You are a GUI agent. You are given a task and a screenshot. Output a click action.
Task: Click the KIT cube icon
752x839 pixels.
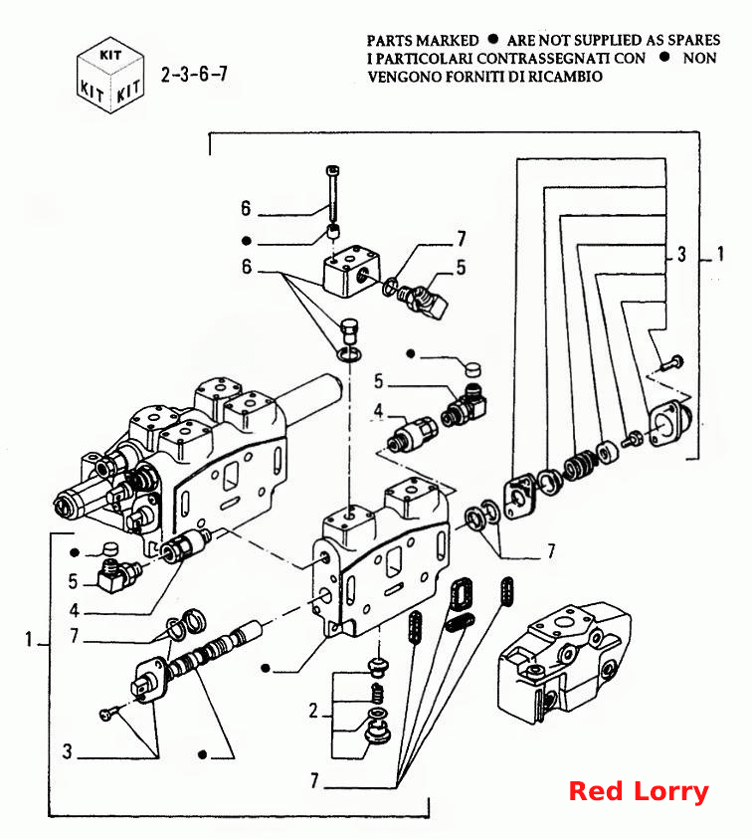pos(110,75)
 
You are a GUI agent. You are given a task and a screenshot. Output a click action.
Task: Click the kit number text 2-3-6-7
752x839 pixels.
pos(194,74)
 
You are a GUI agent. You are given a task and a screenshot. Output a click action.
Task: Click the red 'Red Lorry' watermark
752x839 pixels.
pos(638,791)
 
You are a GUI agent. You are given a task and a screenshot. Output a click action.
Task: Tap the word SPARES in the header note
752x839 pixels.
pos(693,40)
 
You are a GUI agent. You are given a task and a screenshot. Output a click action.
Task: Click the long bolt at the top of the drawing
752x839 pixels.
pos(332,194)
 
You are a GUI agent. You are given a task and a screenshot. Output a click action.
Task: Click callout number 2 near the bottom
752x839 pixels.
pos(313,711)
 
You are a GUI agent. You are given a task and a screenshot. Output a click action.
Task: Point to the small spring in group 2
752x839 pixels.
pos(378,694)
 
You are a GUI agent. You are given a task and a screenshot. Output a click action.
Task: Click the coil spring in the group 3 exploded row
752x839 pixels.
pos(579,464)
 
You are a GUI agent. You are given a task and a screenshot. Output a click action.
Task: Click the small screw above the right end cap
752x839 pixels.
pos(671,363)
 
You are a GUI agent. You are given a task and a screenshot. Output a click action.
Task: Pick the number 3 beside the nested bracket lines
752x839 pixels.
pos(681,254)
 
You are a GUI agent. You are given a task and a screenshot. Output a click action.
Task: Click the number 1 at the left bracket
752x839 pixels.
pos(29,639)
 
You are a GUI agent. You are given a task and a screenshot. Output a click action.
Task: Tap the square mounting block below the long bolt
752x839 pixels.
pos(352,270)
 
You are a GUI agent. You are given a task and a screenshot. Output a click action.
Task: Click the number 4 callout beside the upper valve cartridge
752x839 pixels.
pos(378,410)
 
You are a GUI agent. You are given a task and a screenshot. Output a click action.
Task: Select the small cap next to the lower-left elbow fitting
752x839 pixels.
pos(109,549)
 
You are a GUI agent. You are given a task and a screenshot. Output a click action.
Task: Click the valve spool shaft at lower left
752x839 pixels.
pos(214,650)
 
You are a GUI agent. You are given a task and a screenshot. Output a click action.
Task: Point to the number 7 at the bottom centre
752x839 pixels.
pos(315,780)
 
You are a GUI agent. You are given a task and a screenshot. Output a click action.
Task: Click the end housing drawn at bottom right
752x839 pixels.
pos(565,663)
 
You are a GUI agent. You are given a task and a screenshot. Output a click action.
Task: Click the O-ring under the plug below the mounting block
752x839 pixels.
pos(349,353)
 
